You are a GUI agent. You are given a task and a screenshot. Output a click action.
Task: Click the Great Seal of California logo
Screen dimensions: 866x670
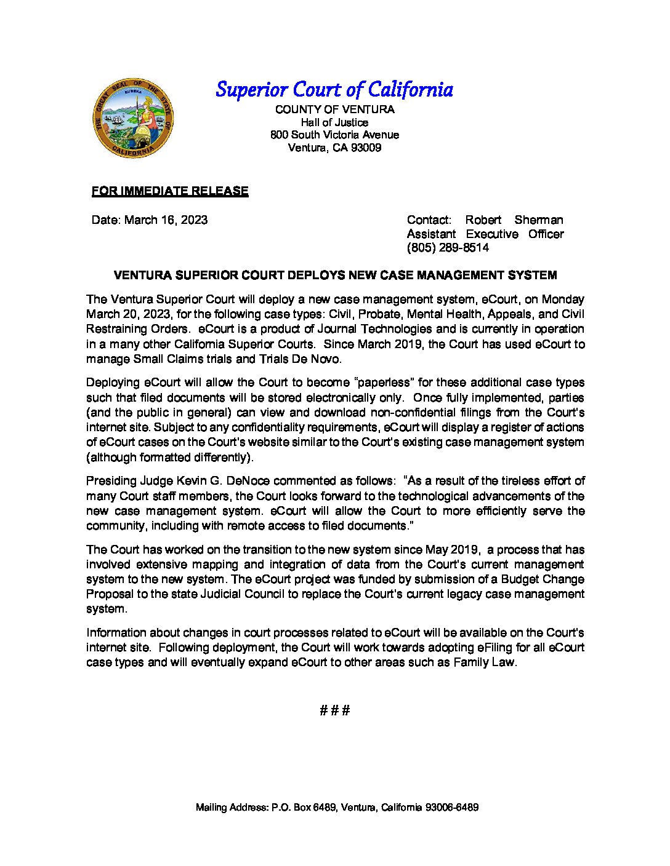[x=133, y=118]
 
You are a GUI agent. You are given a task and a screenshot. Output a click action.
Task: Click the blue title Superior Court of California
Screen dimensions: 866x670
[x=334, y=90]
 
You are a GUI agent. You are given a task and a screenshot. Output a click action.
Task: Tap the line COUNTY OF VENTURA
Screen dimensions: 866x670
[x=334, y=109]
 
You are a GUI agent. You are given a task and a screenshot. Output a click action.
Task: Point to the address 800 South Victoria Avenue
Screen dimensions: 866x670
[x=334, y=135]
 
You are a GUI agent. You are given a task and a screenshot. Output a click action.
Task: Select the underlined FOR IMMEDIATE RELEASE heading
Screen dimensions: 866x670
[x=170, y=191]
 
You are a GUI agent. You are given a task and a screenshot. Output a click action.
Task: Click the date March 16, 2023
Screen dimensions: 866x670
[x=166, y=220]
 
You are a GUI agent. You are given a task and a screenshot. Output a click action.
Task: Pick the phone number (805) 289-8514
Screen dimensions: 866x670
[x=448, y=248]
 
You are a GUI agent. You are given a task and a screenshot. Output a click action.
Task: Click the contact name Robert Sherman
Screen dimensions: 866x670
[x=514, y=220]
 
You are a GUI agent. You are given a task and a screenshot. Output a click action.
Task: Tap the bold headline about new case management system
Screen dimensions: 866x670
[x=335, y=276]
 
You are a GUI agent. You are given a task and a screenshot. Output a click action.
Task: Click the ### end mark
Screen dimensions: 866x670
[x=335, y=710]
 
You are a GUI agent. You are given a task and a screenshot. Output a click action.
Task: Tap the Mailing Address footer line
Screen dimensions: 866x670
[x=337, y=808]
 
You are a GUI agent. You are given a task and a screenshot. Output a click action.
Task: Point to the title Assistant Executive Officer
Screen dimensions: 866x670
[x=485, y=234]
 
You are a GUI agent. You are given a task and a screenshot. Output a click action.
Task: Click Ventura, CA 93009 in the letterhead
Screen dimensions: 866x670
[x=334, y=148]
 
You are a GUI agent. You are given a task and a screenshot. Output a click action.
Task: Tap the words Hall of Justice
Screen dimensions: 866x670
[x=334, y=122]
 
